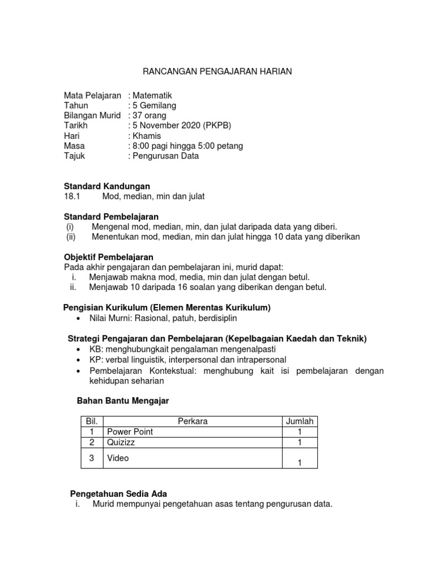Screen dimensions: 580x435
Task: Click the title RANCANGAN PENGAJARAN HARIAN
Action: click(217, 72)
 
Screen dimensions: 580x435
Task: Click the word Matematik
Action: click(152, 96)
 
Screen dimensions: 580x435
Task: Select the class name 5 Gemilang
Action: click(154, 105)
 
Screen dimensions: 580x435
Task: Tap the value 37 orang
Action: click(148, 116)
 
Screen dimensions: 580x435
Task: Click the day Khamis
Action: click(147, 136)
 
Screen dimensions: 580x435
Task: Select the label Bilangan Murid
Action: click(92, 116)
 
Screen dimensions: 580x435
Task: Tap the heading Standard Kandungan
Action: click(107, 186)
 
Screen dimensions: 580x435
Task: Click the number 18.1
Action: click(74, 196)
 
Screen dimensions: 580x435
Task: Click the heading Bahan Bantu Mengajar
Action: click(122, 401)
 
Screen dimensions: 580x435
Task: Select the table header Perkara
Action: click(193, 421)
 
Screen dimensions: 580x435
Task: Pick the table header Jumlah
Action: click(300, 421)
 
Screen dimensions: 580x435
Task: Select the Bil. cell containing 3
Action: click(90, 458)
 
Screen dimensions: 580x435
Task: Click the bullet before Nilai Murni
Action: click(78, 319)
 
